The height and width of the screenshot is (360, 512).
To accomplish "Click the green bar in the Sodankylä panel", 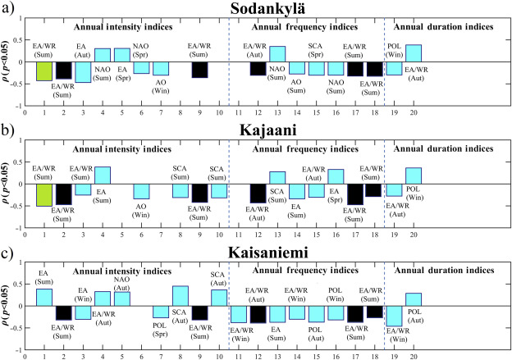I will coord(44,71).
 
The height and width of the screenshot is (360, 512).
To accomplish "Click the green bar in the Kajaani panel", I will coord(44,194).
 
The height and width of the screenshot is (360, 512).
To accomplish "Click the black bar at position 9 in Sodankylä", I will coord(199,70).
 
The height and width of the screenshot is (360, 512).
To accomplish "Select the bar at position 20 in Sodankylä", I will coord(414,53).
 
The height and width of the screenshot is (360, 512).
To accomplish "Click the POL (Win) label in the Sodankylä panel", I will coord(394,51).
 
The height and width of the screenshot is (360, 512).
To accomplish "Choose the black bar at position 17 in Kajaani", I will coord(355,194).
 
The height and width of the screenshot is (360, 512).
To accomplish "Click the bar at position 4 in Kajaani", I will coord(103,175).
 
